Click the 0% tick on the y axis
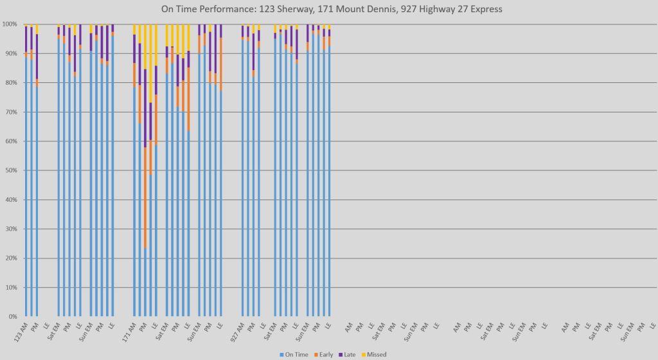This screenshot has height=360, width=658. [12, 317]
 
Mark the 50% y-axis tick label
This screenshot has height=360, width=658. [10, 170]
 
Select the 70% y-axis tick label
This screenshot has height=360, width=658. [10, 112]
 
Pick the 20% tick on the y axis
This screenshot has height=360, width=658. [10, 258]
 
